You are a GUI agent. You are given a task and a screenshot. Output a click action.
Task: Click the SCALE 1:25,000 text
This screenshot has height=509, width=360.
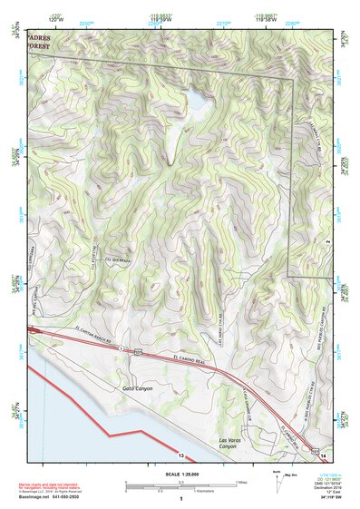click(x=180, y=475)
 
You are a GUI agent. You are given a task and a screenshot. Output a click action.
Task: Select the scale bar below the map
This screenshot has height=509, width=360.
click(x=178, y=485)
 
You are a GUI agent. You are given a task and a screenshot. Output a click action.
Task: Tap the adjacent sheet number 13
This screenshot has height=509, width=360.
click(x=181, y=455)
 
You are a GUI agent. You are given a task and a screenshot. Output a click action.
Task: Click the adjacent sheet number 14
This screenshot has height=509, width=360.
click(x=323, y=454)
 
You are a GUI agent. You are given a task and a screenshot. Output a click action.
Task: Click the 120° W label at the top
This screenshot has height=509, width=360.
click(x=55, y=18)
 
